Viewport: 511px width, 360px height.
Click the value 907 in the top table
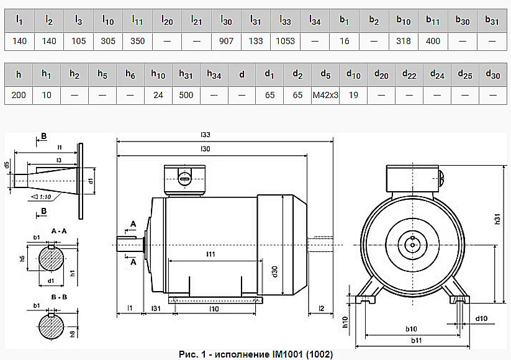click(x=226, y=41)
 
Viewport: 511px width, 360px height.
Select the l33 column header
click(x=285, y=20)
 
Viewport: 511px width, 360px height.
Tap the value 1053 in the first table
click(x=285, y=41)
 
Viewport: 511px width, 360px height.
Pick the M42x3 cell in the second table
click(x=325, y=95)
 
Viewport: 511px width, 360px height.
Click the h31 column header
click(x=186, y=74)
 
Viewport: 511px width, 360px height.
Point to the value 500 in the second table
click(x=186, y=95)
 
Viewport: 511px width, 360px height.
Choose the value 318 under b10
click(x=404, y=41)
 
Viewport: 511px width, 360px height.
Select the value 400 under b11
click(x=433, y=41)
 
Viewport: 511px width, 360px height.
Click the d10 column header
click(x=353, y=74)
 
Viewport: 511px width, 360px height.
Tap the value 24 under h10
click(x=158, y=95)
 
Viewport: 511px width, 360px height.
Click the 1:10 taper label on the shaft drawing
click(x=45, y=197)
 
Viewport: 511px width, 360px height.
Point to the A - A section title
click(x=59, y=231)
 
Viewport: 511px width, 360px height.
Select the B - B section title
click(x=59, y=297)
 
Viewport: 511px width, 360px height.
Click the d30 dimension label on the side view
click(x=274, y=271)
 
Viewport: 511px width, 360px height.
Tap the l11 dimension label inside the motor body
click(x=210, y=254)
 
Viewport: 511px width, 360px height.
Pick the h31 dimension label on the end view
click(x=497, y=219)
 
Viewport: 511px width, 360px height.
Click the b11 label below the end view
click(x=416, y=341)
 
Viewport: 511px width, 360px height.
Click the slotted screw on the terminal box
click(x=184, y=178)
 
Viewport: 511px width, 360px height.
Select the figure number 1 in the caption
click(x=204, y=354)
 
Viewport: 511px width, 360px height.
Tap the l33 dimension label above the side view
click(x=206, y=135)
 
